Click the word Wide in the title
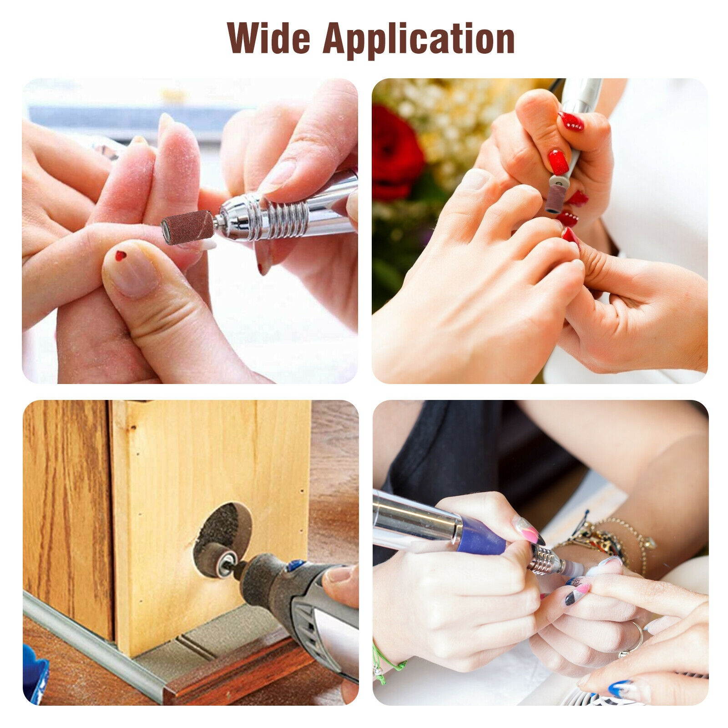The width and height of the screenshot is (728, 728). coord(270,39)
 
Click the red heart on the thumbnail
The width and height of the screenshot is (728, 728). coord(121,255)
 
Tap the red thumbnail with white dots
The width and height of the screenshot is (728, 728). coord(571,121)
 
